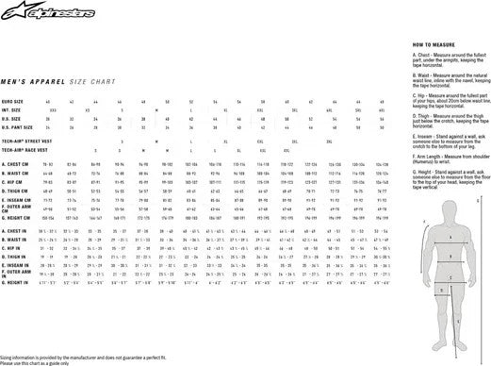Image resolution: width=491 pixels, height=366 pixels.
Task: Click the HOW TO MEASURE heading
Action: pos(435,44)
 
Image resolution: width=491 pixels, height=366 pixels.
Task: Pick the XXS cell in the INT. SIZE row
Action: pos(53,109)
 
